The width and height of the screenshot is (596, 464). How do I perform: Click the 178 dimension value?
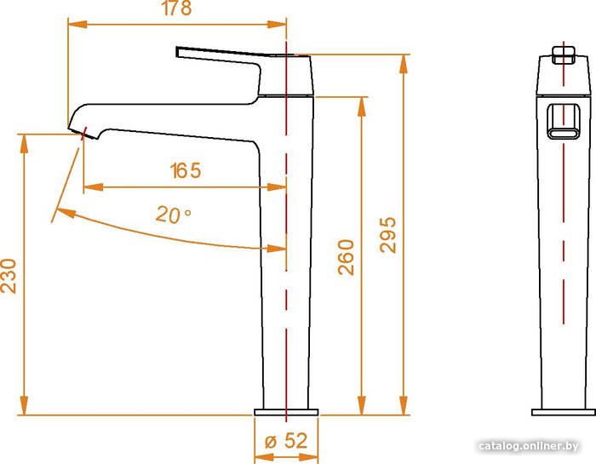tap(176, 8)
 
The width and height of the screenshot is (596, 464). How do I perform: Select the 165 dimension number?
tap(186, 170)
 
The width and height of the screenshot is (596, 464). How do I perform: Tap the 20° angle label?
tap(174, 215)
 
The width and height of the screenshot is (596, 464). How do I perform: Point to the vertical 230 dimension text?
tap(9, 276)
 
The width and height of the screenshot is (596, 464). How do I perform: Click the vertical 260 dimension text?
tap(346, 257)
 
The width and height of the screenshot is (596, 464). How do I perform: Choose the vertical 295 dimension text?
tap(388, 235)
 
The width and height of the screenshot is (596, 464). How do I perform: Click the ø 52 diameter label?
tap(286, 441)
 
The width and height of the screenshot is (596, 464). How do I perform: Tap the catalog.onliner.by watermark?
tap(529, 446)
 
